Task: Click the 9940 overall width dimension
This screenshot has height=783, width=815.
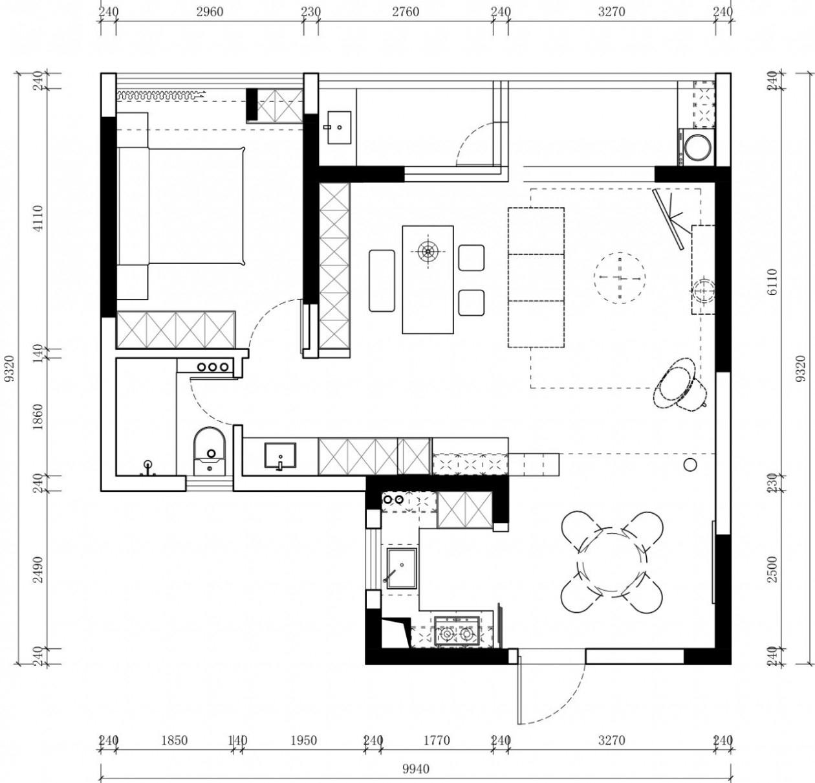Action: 415,769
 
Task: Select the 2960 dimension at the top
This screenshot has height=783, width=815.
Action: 209,12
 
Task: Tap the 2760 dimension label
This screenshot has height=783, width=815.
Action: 406,12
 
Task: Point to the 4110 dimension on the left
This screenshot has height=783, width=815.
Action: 38,218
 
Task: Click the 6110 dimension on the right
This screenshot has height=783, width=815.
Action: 772,283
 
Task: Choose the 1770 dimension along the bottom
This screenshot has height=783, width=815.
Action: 437,740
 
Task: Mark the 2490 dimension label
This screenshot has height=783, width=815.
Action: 38,569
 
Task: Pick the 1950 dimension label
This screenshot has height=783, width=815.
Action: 303,740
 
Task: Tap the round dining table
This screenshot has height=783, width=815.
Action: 612,562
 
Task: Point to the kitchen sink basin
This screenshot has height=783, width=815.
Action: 402,568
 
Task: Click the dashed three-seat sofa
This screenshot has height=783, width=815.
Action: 536,277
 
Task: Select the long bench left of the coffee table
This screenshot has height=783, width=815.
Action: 382,281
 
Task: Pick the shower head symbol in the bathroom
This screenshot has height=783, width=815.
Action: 148,465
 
